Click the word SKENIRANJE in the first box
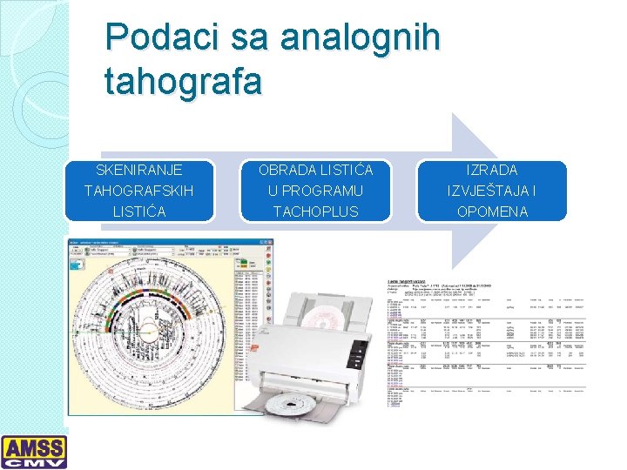(138, 169)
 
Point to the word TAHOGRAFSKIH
(138, 190)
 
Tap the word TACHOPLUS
(316, 211)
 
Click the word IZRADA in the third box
(492, 169)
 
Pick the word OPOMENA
(492, 211)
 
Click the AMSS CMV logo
(34, 452)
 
